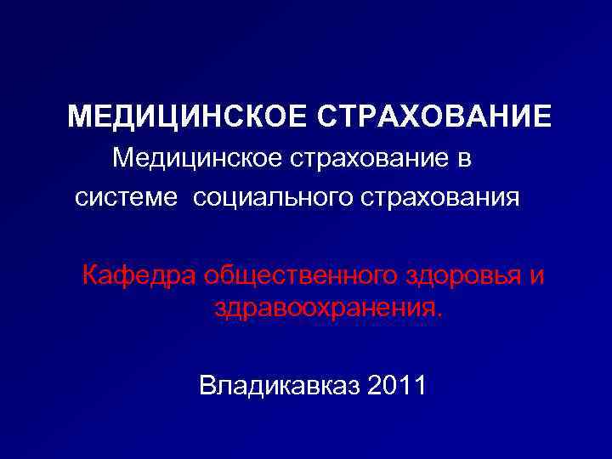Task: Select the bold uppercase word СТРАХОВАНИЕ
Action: [434, 116]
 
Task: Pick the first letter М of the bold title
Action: [79, 116]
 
